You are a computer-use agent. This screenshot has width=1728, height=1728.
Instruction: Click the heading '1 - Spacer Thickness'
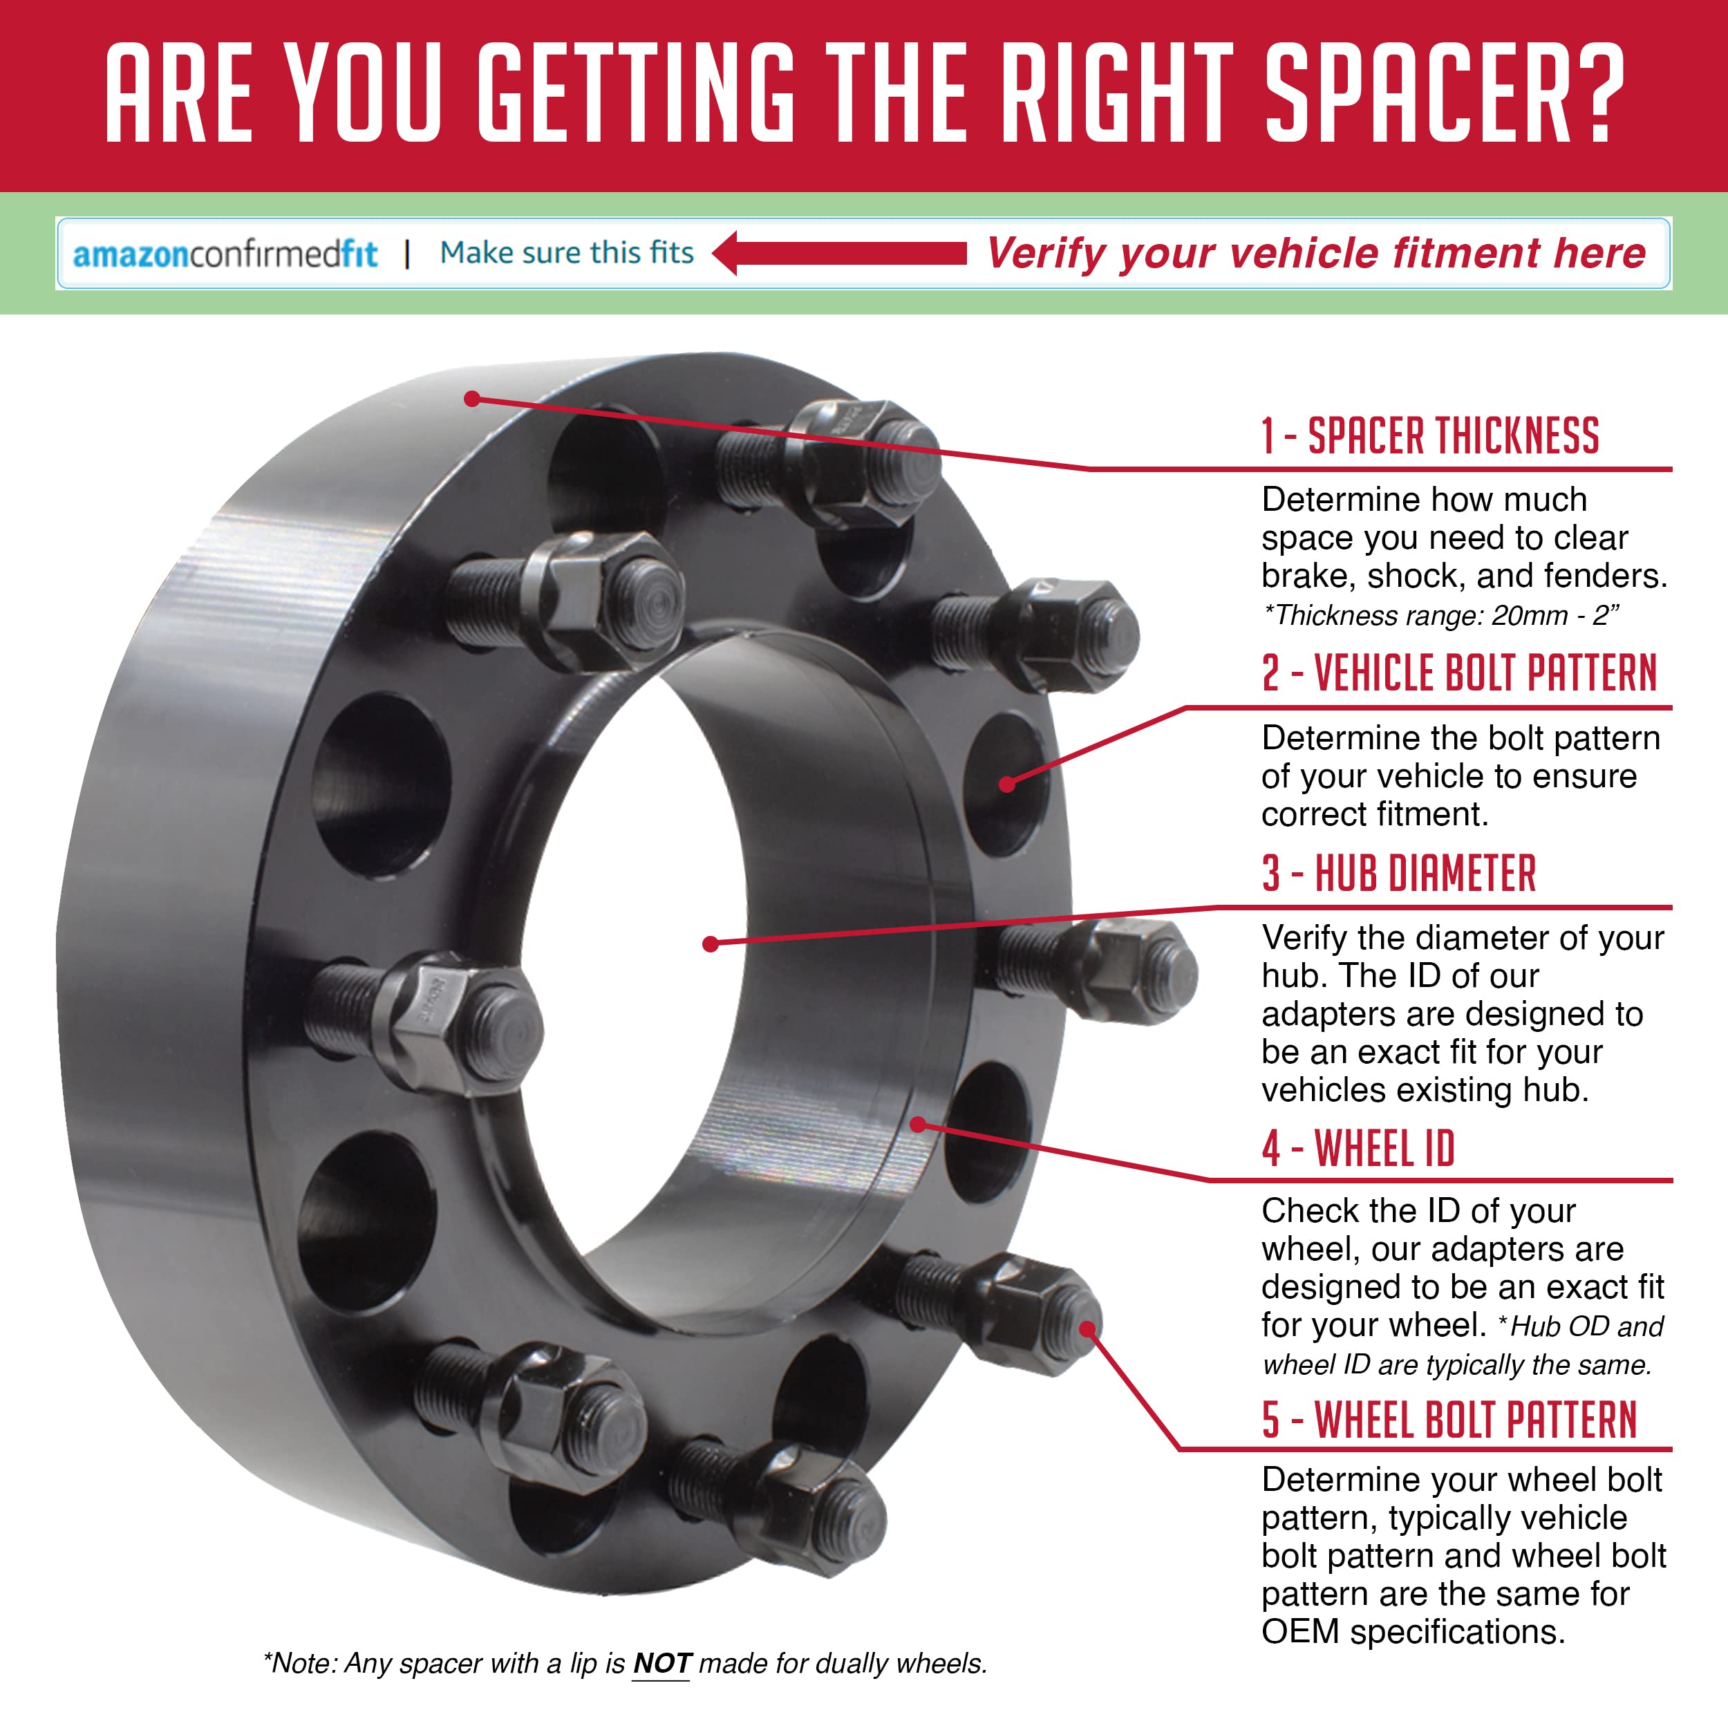coord(1429,436)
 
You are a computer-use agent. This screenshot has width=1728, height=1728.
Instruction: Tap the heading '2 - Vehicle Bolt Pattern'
coord(1458,673)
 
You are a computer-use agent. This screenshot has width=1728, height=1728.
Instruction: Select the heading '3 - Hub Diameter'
coord(1398,874)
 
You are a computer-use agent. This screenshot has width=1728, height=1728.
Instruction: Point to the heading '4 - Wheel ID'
coord(1358,1148)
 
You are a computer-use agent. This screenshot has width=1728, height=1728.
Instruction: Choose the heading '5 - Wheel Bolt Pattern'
coord(1449,1420)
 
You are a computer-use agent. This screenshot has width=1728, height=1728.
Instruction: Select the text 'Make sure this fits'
coord(566,253)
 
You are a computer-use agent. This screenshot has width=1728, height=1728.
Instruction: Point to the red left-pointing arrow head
coord(726,253)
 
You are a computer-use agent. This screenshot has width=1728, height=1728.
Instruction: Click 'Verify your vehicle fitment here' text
coord(1315,253)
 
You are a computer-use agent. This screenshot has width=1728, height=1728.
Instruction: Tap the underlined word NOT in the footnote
coord(661,1663)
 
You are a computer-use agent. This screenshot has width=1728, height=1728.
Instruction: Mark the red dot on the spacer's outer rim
coord(472,398)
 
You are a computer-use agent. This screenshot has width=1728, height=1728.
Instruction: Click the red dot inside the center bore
coord(710,943)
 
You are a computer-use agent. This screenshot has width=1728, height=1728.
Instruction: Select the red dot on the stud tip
coord(1087,1329)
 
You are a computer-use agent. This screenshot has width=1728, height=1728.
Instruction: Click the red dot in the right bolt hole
coord(1007,785)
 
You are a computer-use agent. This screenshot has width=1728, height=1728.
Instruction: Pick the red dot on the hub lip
coord(918,1125)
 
